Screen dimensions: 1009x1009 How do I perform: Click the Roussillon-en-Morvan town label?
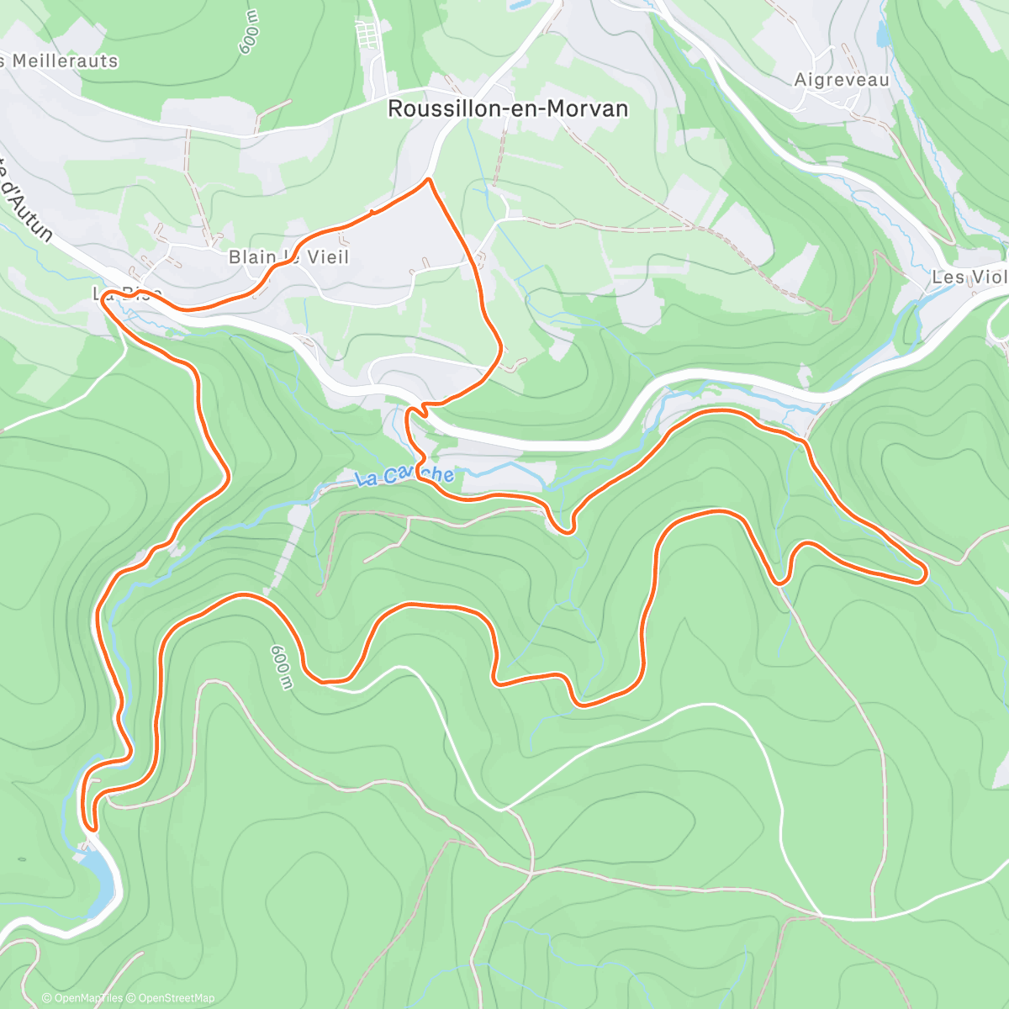507,109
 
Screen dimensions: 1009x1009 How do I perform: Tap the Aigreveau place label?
842,80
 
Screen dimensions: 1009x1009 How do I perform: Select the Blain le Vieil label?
288,257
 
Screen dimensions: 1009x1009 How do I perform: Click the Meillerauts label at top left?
63,61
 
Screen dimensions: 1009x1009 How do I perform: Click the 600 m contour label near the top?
250,34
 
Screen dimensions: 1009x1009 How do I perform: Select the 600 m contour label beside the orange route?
283,668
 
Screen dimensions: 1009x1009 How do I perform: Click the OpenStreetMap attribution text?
176,998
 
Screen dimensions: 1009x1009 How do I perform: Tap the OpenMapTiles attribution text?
88,998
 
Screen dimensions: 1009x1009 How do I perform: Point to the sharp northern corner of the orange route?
429,179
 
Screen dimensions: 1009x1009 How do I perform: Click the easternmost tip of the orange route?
925,574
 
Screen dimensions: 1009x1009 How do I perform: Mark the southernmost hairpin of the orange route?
91,828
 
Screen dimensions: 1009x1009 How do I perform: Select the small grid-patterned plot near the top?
367,36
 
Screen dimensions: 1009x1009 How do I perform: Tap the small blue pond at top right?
883,35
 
